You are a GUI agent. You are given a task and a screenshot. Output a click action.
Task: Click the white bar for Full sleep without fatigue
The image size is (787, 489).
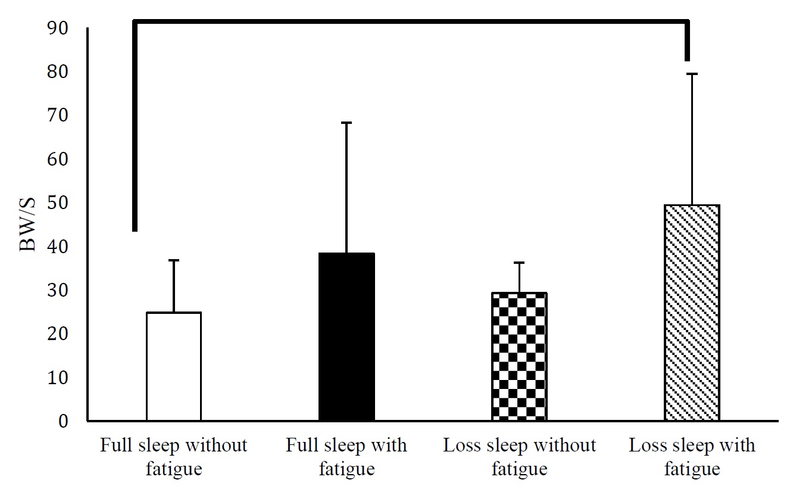point(173,366)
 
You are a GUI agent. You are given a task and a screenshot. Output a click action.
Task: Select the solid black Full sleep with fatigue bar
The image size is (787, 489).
point(346,337)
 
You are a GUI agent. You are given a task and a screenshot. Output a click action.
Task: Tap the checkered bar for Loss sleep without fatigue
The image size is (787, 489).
point(519,357)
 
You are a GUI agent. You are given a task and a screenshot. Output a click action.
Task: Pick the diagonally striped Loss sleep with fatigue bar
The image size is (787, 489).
point(692,313)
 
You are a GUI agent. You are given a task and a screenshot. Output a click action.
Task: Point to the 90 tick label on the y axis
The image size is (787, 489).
point(60,29)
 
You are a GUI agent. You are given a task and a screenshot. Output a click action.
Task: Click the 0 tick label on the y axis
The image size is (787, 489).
point(64,422)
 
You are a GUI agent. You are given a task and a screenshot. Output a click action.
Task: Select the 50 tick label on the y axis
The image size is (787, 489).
point(60,203)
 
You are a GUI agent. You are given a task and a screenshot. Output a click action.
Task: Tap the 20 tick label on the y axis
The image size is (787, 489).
point(60,334)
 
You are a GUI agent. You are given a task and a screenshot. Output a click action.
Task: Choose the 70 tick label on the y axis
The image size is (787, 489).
point(60,116)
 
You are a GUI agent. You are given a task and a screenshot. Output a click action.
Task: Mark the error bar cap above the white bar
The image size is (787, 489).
point(173,260)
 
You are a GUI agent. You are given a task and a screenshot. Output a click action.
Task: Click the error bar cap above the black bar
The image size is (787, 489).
point(346,123)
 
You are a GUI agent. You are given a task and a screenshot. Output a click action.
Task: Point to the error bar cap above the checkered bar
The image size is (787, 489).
point(519,263)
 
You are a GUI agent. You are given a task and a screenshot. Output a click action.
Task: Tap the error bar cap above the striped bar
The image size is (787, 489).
point(692,74)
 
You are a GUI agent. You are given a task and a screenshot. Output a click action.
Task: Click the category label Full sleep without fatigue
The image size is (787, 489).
point(173,457)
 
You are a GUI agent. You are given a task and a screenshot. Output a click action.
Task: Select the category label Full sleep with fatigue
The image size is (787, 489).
point(346,457)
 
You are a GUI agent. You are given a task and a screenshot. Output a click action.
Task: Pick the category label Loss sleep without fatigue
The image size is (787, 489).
point(519,457)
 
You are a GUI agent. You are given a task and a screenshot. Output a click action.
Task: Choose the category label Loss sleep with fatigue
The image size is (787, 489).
point(692,457)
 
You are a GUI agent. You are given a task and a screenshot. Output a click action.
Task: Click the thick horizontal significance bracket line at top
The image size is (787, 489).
point(411,22)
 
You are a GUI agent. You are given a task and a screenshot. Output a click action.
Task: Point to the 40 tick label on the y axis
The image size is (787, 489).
point(60,247)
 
